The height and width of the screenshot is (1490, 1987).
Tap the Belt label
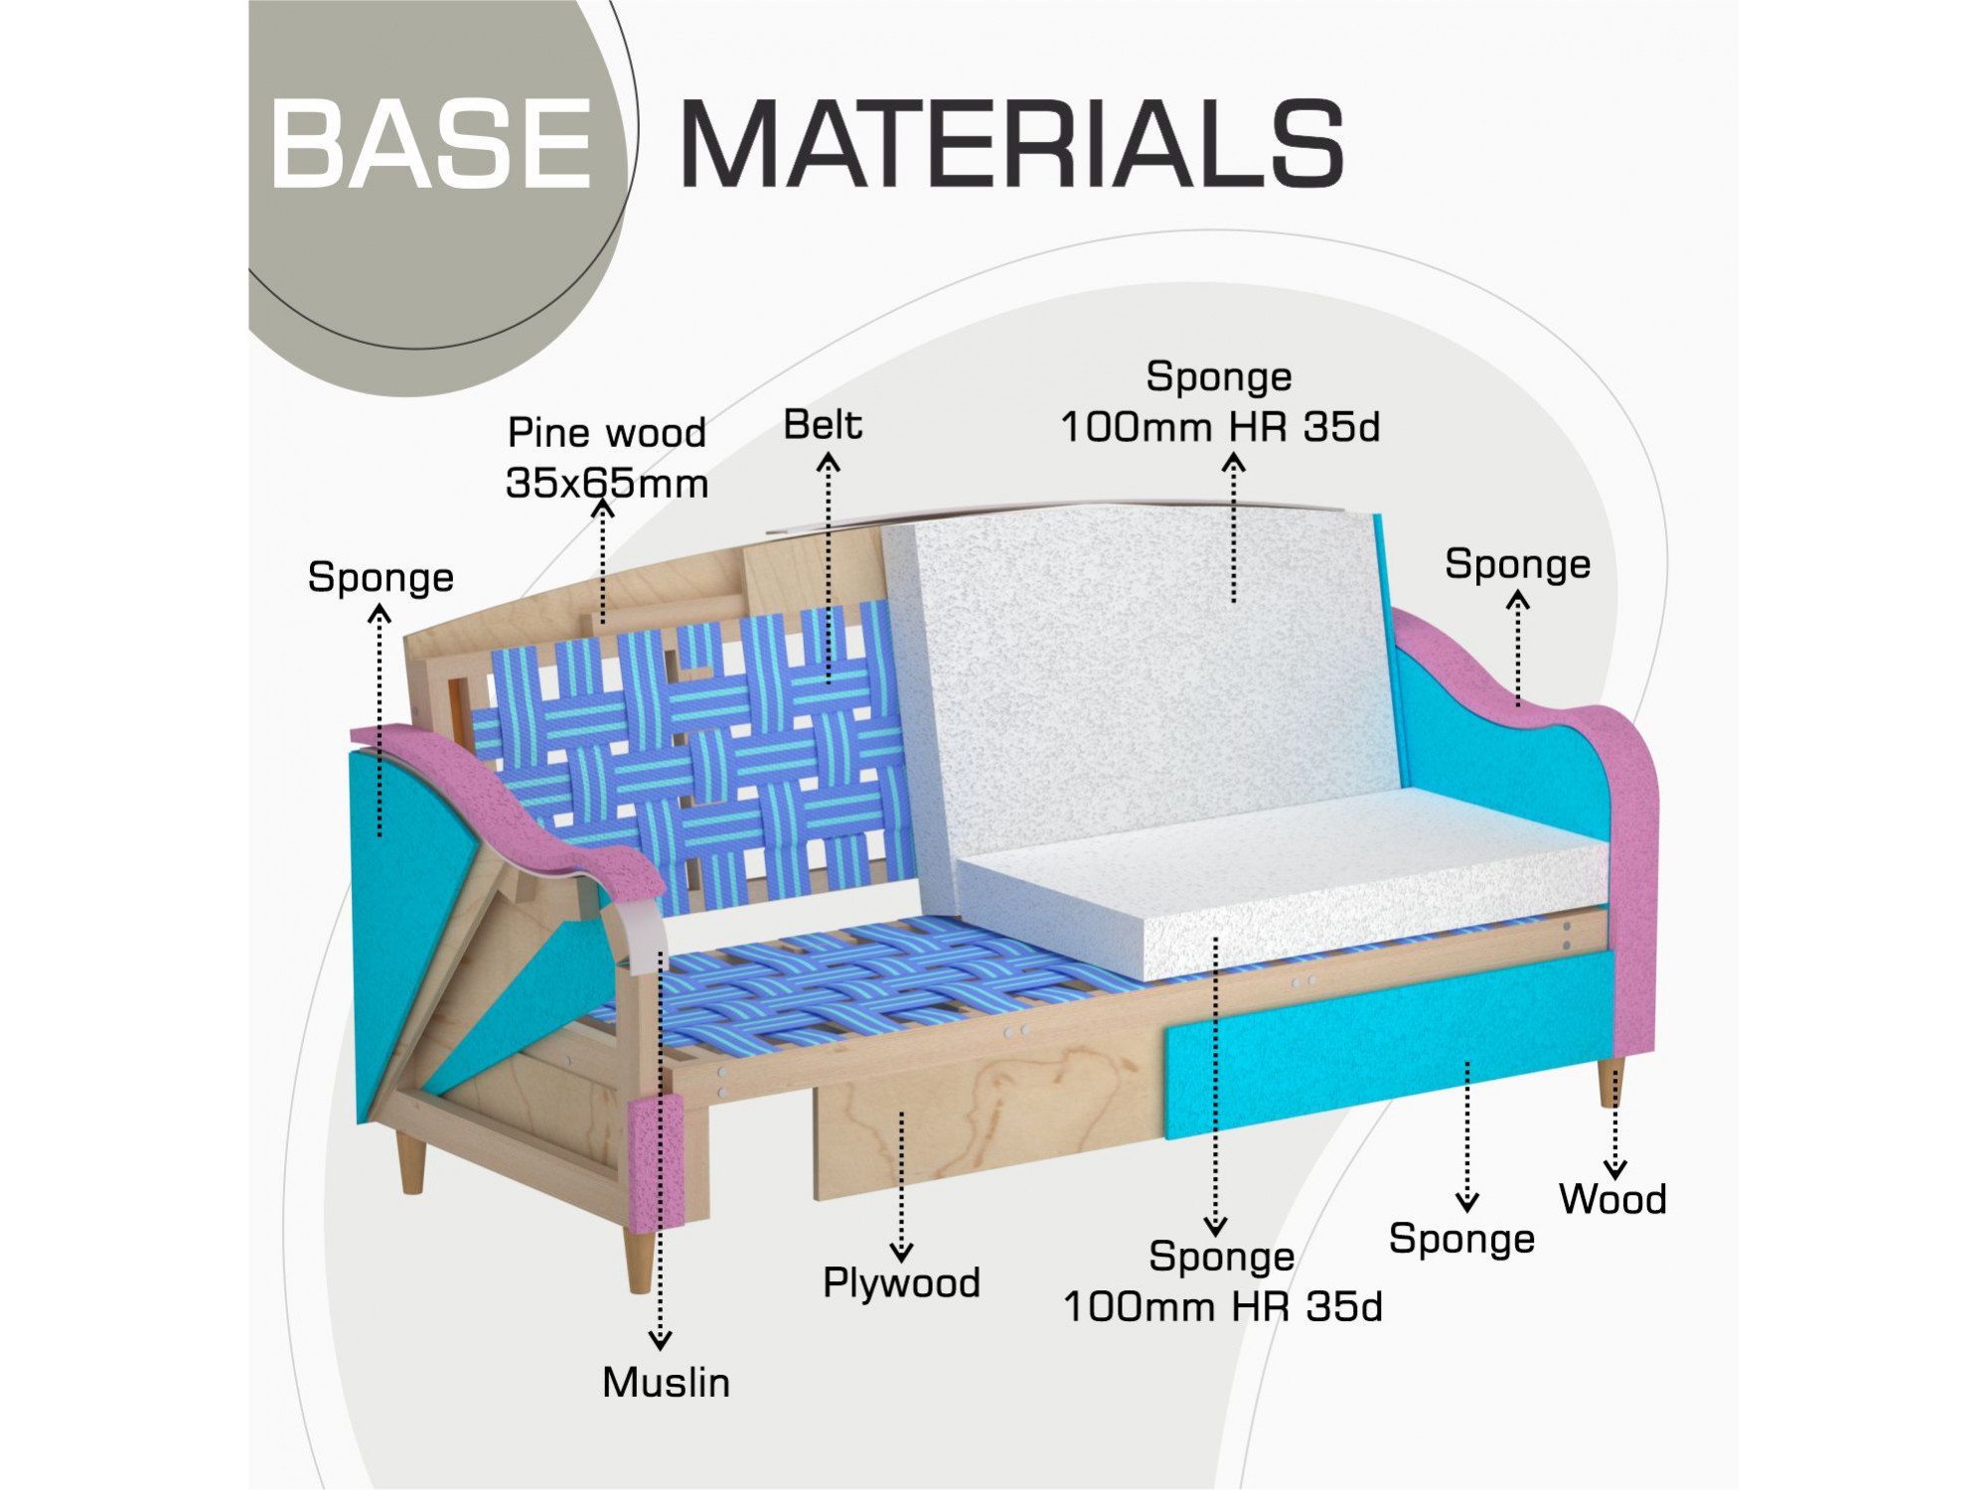(x=823, y=425)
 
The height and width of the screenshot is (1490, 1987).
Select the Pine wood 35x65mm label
(x=607, y=458)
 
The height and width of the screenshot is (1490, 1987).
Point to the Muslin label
(x=666, y=1383)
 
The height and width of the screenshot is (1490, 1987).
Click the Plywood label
(x=901, y=1283)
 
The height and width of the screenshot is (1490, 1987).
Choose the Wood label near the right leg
(x=1612, y=1199)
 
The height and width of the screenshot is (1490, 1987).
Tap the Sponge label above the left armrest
(x=381, y=578)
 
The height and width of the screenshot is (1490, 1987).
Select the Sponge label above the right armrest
(x=1517, y=564)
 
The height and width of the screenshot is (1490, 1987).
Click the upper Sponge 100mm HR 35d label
(x=1220, y=402)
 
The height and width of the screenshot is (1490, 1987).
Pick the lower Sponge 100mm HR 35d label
(x=1222, y=1282)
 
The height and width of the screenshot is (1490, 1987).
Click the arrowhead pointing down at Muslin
(x=660, y=1340)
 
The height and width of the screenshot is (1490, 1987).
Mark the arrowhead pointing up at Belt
(x=828, y=463)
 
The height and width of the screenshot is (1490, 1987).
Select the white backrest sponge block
(x=1143, y=685)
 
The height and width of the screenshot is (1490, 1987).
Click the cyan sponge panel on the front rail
(x=1391, y=1043)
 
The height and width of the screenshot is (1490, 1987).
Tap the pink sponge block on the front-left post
(x=657, y=1162)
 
